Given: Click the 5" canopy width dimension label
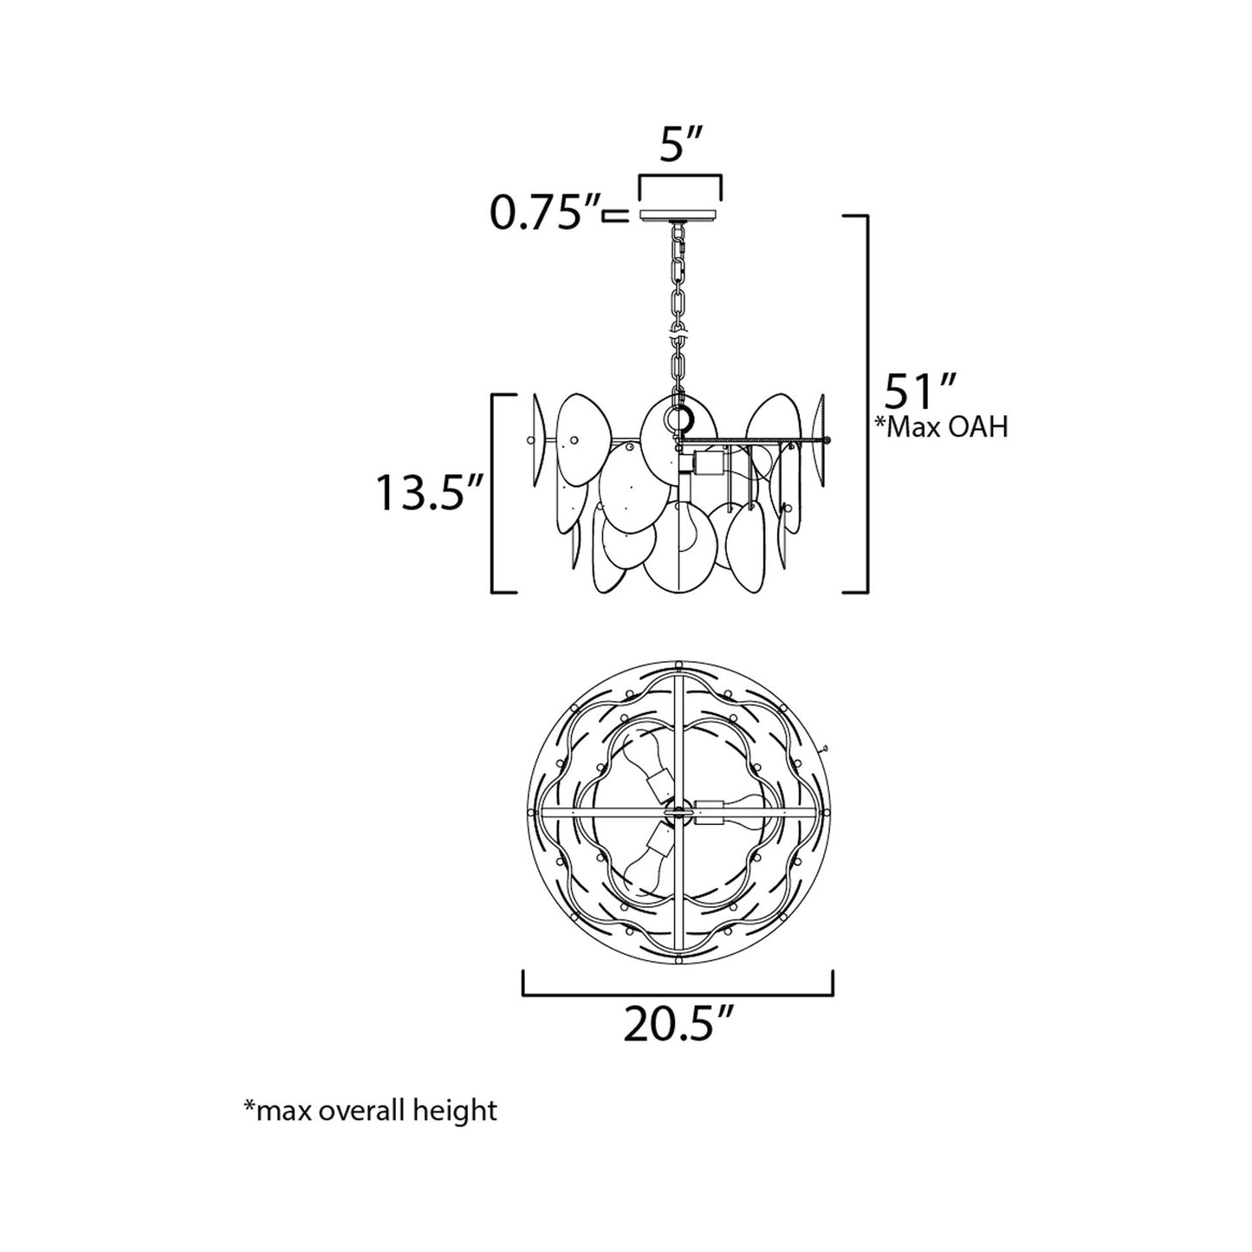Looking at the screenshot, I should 680,147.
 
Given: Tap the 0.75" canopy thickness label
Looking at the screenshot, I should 547,213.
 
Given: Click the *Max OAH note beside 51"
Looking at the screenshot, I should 941,426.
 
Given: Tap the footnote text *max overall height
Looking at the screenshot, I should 371,1110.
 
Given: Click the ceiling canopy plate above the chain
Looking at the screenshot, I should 680,214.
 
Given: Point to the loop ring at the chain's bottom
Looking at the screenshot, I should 679,418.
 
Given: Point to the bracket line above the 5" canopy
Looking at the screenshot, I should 680,178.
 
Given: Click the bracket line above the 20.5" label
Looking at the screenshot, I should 678,994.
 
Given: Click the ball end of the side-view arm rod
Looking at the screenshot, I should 827,440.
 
